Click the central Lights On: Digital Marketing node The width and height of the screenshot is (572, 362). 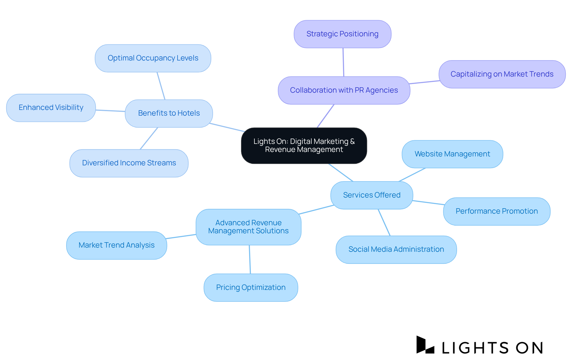pyautogui.click(x=304, y=145)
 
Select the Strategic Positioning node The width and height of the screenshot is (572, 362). pyautogui.click(x=342, y=34)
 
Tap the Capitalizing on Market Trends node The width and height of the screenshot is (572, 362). pyautogui.click(x=502, y=74)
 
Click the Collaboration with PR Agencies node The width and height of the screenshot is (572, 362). pyautogui.click(x=344, y=90)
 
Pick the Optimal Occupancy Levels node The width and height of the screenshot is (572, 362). pyautogui.click(x=153, y=58)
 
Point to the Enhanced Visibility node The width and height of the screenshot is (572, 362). pyautogui.click(x=51, y=108)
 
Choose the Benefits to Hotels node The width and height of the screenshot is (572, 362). pyautogui.click(x=169, y=113)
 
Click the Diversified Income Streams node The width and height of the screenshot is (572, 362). pyautogui.click(x=129, y=163)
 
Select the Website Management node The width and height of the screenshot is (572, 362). pyautogui.click(x=452, y=154)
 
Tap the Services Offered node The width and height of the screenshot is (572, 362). pyautogui.click(x=372, y=195)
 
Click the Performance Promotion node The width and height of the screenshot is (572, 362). pyautogui.click(x=496, y=211)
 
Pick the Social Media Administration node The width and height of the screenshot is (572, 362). pyautogui.click(x=396, y=249)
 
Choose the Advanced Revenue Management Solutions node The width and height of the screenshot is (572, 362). pyautogui.click(x=248, y=227)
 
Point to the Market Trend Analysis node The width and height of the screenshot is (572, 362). pyautogui.click(x=116, y=245)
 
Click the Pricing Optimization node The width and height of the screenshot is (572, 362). pyautogui.click(x=251, y=288)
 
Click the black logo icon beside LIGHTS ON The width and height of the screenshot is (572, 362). pyautogui.click(x=425, y=345)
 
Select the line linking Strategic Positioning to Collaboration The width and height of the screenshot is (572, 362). pyautogui.click(x=343, y=62)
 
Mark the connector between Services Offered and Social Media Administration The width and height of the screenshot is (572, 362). pyautogui.click(x=384, y=222)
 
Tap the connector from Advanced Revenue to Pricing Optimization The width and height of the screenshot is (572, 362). pyautogui.click(x=250, y=259)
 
